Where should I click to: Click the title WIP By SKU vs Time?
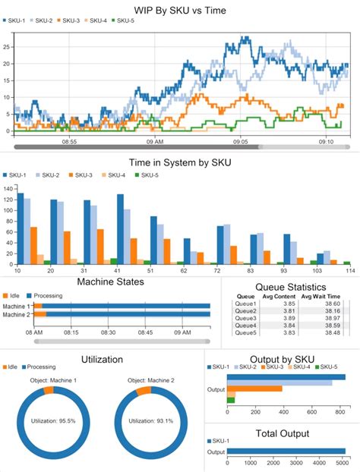180,8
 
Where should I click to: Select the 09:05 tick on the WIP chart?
241,141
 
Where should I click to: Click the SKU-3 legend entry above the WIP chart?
72,20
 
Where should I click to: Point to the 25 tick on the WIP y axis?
6,46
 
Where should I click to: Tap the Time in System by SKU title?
180,162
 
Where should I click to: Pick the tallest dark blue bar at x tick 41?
120,228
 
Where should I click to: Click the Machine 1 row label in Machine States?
16,306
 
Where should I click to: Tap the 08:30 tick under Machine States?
108,332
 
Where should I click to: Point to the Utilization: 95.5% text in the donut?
50,419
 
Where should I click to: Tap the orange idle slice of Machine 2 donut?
141,391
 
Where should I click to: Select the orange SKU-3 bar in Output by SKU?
254,389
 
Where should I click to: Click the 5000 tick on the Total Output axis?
343,461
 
